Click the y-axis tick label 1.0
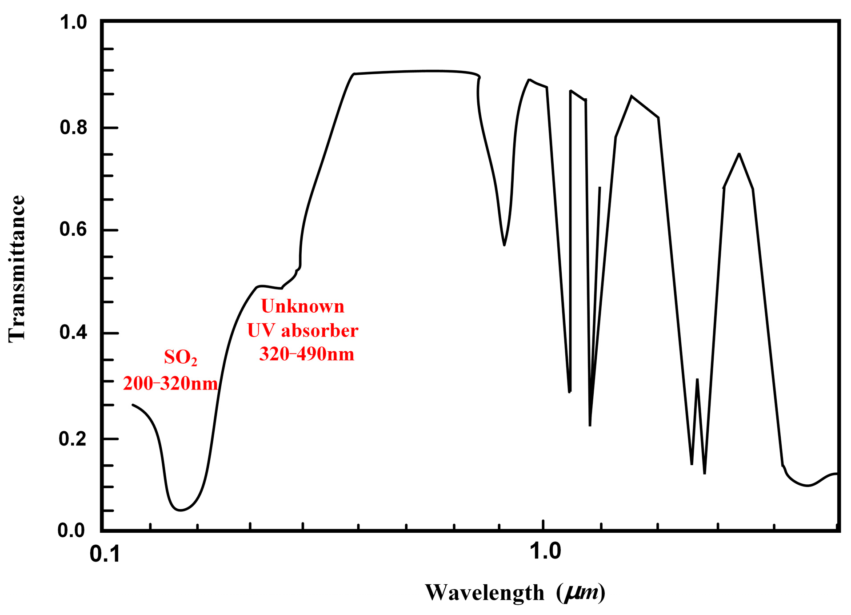[73, 22]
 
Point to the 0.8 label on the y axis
[73, 128]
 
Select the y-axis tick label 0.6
[73, 229]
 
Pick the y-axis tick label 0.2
[73, 439]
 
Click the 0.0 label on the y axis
[71, 530]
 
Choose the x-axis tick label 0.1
[105, 555]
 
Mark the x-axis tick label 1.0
[545, 552]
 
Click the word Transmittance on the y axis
[17, 269]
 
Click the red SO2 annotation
[180, 358]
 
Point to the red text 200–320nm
[170, 384]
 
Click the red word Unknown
[302, 306]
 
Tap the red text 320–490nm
[307, 354]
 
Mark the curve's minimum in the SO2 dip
[180, 510]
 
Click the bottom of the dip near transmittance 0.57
[504, 245]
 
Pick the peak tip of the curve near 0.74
[739, 154]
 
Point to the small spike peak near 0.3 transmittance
[697, 379]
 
